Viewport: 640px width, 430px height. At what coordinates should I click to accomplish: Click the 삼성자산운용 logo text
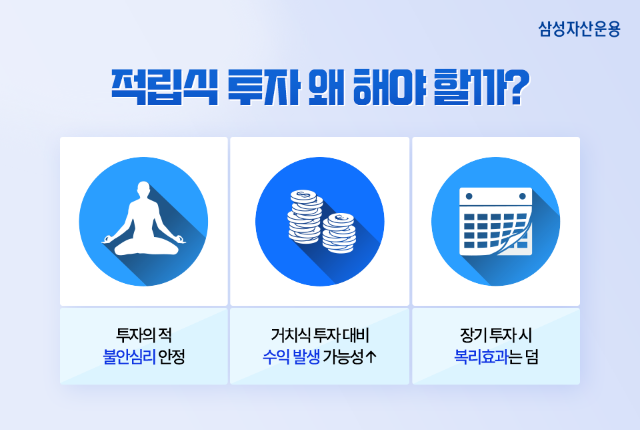pos(579,29)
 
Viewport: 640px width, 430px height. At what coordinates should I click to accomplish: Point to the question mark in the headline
pos(517,87)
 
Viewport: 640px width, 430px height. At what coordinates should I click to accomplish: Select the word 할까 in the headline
pos(469,87)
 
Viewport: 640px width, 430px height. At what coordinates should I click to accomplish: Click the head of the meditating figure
pos(143,190)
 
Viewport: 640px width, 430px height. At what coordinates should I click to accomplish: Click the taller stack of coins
pos(305,216)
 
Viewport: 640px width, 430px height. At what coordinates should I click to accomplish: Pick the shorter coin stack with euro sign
pos(339,232)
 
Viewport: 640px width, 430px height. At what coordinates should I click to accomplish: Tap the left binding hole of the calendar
pos(469,196)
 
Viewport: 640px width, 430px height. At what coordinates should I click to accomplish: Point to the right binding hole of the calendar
pos(523,196)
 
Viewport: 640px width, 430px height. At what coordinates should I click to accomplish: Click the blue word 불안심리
pos(129,357)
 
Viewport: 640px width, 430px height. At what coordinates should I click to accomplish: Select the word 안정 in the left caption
pos(171,357)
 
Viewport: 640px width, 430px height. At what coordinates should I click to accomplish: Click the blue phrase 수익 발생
pos(291,357)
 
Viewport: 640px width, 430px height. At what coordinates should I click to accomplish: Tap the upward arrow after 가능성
pos(371,357)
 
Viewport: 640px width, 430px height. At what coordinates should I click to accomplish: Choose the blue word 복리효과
pos(481,357)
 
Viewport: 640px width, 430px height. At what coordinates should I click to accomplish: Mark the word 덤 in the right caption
pos(532,357)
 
